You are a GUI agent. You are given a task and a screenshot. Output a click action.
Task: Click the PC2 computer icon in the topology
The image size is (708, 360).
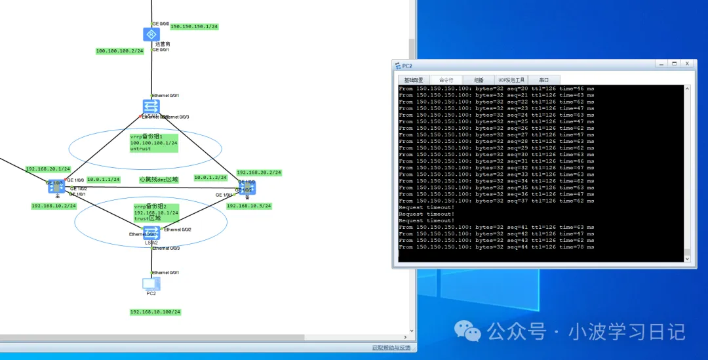pos(151,283)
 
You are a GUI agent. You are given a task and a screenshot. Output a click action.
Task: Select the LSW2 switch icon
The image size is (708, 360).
pos(151,233)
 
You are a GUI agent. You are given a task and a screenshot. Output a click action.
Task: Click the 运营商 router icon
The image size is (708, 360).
pos(151,35)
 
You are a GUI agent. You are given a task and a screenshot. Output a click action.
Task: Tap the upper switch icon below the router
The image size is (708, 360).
pos(151,107)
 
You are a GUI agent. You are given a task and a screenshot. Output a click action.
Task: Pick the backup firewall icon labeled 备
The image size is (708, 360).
pos(246,189)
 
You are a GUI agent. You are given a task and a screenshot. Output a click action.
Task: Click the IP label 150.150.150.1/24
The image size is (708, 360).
pos(194,27)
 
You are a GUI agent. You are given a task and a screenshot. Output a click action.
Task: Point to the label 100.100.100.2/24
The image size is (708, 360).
pos(119,51)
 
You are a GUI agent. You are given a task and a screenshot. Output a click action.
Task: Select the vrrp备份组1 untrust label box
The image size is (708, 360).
pos(153,142)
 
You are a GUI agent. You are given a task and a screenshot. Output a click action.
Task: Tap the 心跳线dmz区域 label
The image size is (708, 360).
pos(159,179)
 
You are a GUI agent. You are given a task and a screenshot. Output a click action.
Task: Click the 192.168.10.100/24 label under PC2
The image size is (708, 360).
pos(155,312)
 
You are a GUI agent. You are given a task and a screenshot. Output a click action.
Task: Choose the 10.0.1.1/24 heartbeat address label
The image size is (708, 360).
pos(103,180)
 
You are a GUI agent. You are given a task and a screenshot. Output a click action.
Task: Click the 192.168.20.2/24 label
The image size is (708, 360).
pos(259,172)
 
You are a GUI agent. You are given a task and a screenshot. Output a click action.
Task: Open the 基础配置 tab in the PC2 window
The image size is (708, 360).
pos(414,80)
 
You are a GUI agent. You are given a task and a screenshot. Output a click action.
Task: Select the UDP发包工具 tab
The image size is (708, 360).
pos(511,80)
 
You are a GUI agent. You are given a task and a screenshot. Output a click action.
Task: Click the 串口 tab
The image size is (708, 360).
pos(543,80)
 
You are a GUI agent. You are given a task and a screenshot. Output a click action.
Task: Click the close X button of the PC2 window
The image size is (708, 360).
pos(687,64)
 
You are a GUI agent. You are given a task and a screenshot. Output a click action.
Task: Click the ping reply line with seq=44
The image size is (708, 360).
pos(496,247)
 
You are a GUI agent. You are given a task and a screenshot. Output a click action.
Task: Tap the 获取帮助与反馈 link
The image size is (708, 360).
pos(391,348)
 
